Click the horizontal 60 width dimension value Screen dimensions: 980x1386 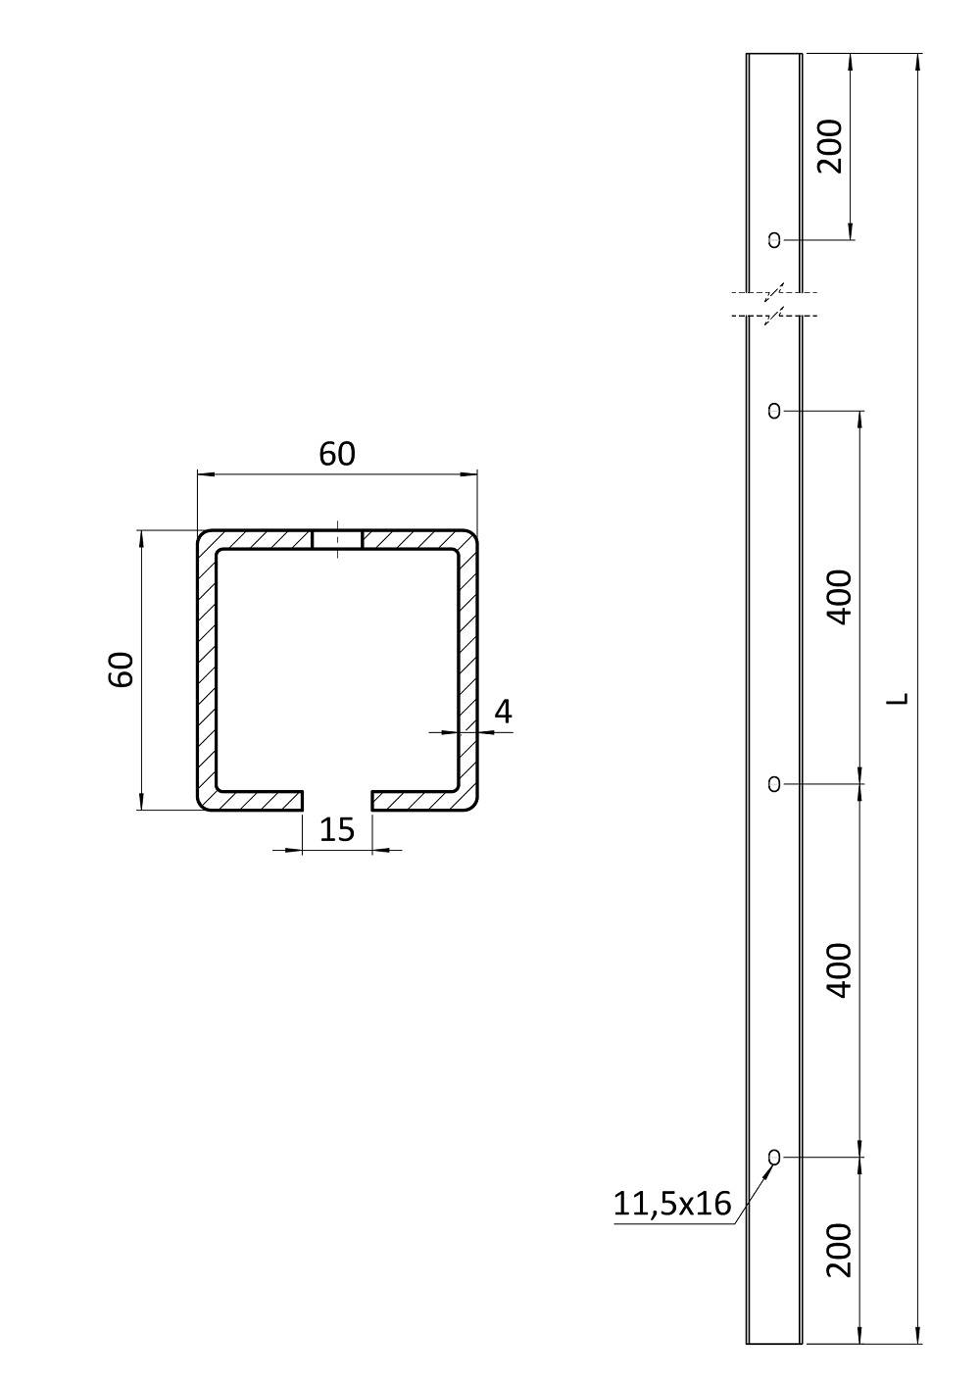[x=337, y=454]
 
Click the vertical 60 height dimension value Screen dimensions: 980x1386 [x=122, y=669]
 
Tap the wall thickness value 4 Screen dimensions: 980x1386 [x=504, y=712]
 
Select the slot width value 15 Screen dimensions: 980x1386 [x=337, y=830]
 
